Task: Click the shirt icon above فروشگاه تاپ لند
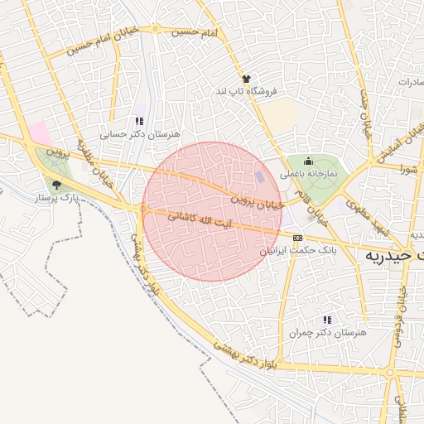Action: (245, 79)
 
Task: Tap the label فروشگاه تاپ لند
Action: (245, 90)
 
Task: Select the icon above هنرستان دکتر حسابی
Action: (139, 121)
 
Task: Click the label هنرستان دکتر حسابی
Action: (140, 132)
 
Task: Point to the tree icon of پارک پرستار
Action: (56, 185)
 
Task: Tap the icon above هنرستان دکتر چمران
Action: (327, 319)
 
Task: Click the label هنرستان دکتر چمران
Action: (327, 331)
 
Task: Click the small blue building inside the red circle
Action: (260, 177)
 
